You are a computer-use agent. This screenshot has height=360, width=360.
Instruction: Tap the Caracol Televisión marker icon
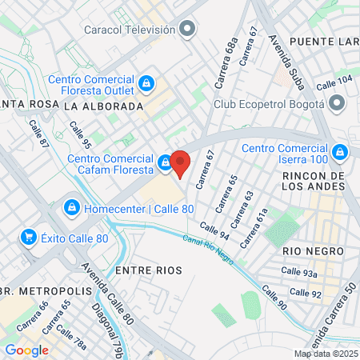click(188, 30)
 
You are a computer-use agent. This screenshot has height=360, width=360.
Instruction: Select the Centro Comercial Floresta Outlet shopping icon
click(146, 83)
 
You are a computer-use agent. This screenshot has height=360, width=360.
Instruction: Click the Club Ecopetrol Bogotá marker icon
click(337, 104)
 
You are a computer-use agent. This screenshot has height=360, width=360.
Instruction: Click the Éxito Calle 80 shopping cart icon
click(30, 237)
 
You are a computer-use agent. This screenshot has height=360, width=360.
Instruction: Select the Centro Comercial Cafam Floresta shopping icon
click(166, 163)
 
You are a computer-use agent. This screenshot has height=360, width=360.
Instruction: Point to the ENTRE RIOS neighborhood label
click(145, 271)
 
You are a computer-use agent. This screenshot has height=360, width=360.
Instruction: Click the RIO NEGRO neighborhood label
click(312, 250)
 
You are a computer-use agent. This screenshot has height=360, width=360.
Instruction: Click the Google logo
click(26, 350)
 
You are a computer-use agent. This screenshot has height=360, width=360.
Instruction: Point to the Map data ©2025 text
click(326, 354)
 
